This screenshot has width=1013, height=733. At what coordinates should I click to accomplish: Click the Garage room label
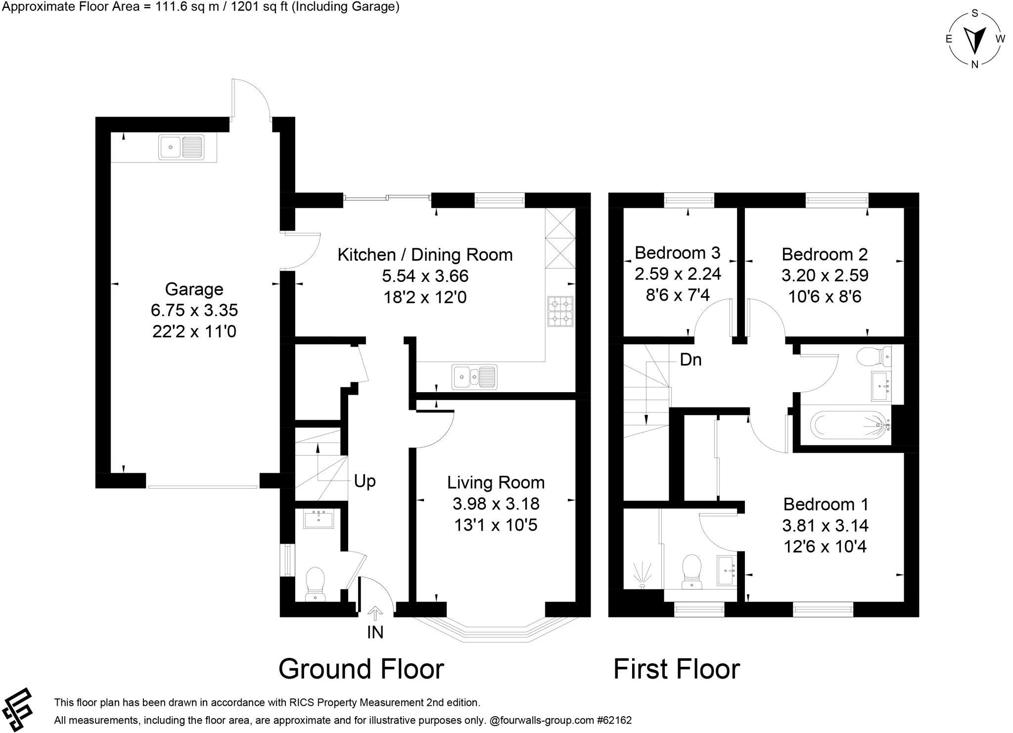coord(194,289)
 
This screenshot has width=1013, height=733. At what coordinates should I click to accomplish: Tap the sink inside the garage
coord(181,147)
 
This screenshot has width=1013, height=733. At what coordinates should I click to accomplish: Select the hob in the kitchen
coord(560,312)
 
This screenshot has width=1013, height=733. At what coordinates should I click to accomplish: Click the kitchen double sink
coord(474,377)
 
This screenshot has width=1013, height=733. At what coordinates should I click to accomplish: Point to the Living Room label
coord(496,482)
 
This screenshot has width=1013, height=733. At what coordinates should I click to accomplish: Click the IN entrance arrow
coord(375,614)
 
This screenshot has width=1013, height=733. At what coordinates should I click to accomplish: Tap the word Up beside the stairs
coord(365,481)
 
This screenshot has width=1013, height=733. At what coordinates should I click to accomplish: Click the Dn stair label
coord(691,360)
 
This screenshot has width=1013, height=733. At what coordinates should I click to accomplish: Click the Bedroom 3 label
coord(677,253)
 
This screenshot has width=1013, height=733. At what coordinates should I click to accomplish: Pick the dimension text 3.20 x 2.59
coord(825,275)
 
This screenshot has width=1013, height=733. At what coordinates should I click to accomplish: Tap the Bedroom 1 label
coord(826,504)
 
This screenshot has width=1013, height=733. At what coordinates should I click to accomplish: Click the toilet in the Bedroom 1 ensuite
coord(691,572)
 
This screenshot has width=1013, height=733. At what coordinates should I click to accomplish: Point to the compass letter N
coord(974,64)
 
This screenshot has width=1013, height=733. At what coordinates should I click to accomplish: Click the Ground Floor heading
coord(361,669)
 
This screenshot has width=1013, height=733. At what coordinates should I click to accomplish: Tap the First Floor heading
coord(676,669)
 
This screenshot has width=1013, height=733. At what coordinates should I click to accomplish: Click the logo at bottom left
coord(18,709)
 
